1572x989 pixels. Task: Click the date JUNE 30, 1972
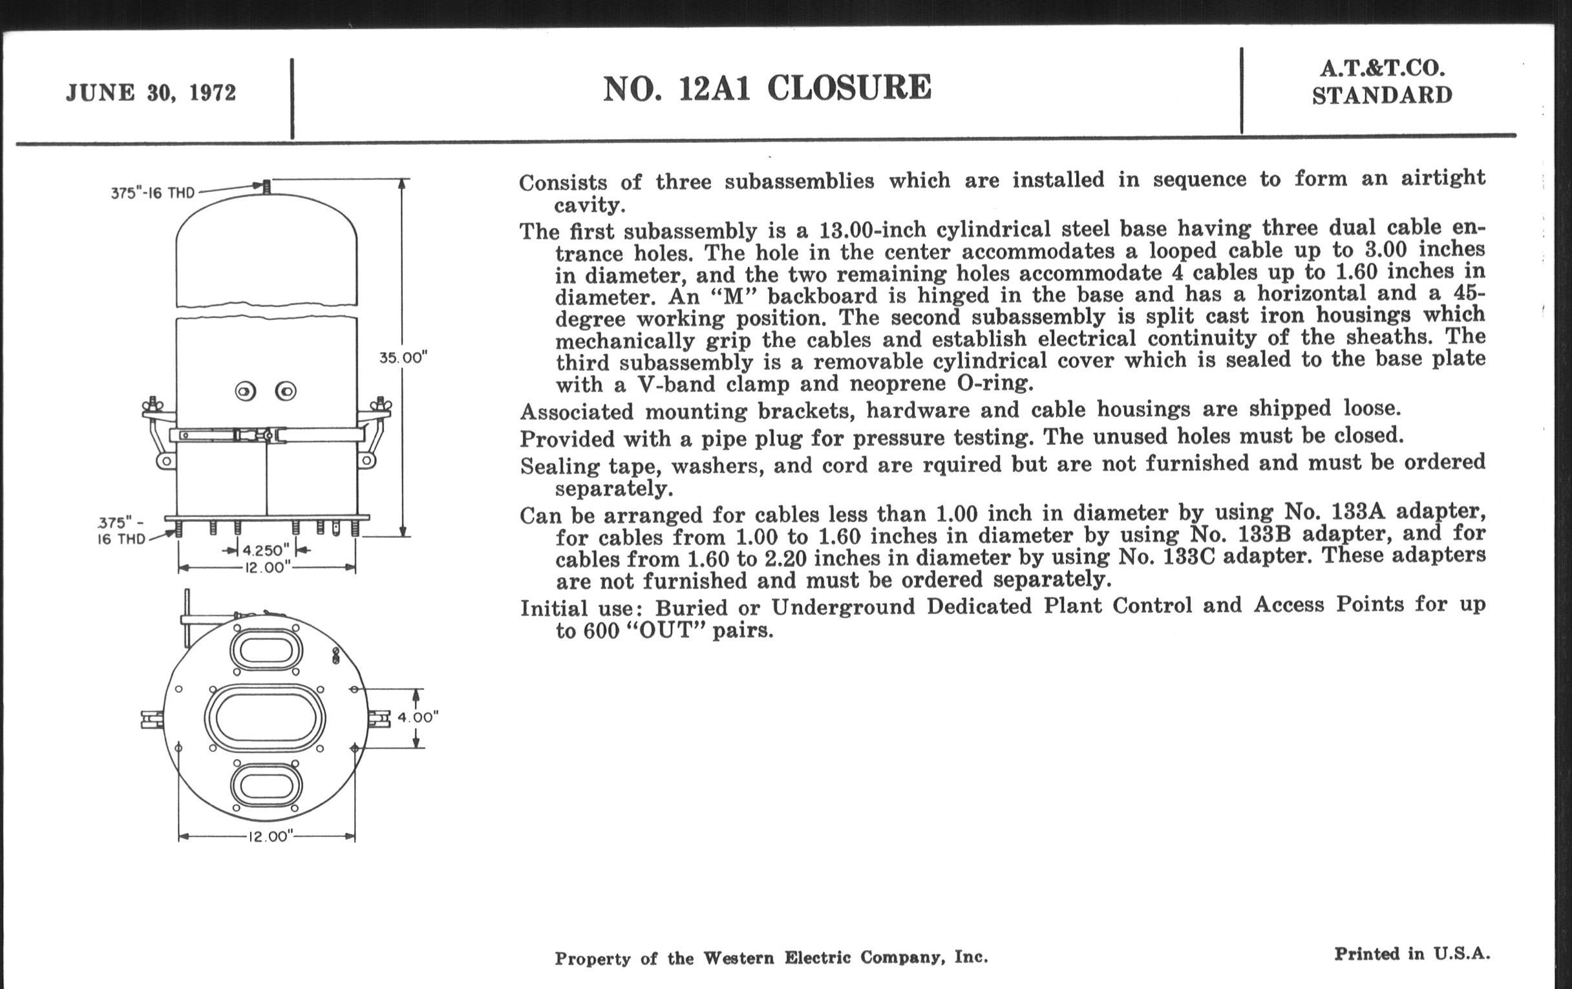click(151, 92)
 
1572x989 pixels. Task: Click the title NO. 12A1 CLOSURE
click(767, 88)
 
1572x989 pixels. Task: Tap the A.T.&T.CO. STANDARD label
click(1381, 81)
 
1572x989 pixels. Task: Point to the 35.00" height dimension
click(403, 357)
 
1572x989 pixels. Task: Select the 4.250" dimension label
click(266, 551)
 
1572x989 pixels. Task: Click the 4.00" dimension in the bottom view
click(418, 718)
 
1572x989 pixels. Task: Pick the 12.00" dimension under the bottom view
click(268, 837)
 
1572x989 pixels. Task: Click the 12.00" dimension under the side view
click(266, 568)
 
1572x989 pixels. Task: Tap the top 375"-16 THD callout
click(152, 193)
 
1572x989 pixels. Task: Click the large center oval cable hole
click(264, 718)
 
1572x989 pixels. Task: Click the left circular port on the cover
click(246, 392)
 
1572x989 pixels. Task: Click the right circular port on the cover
click(286, 392)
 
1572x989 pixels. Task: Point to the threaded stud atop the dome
click(266, 186)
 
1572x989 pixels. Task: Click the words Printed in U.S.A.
click(1412, 953)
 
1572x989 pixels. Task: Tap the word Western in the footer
click(738, 958)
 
